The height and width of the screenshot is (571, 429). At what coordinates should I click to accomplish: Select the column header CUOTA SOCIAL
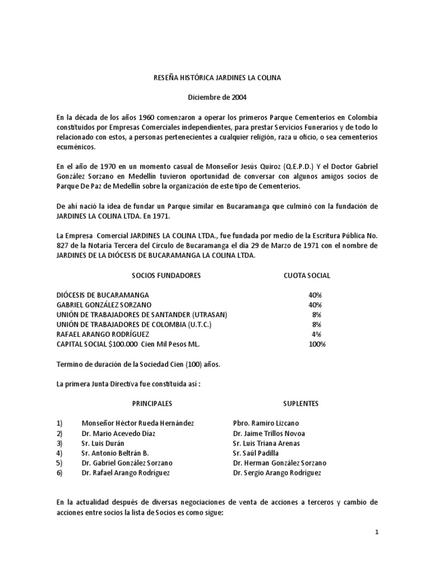click(307, 275)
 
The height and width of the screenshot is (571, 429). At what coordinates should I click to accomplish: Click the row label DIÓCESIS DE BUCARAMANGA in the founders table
click(103, 294)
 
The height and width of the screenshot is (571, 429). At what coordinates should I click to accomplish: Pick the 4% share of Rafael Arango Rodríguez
click(317, 334)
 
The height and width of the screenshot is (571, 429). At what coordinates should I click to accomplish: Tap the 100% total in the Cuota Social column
click(317, 344)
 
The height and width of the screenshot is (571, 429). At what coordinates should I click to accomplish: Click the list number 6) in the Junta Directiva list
click(60, 473)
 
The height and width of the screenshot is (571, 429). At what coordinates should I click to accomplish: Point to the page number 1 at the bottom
click(376, 532)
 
